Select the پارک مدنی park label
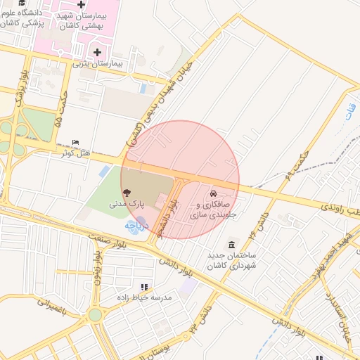pyautogui.click(x=126, y=203)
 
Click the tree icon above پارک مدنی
pyautogui.click(x=127, y=191)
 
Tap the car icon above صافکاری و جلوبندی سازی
pyautogui.click(x=212, y=193)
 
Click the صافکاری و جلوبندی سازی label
pyautogui.click(x=213, y=209)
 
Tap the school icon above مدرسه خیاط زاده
pyautogui.click(x=144, y=287)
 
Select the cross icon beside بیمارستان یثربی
pyautogui.click(x=97, y=52)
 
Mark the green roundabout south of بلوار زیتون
pyautogui.click(x=95, y=315)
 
